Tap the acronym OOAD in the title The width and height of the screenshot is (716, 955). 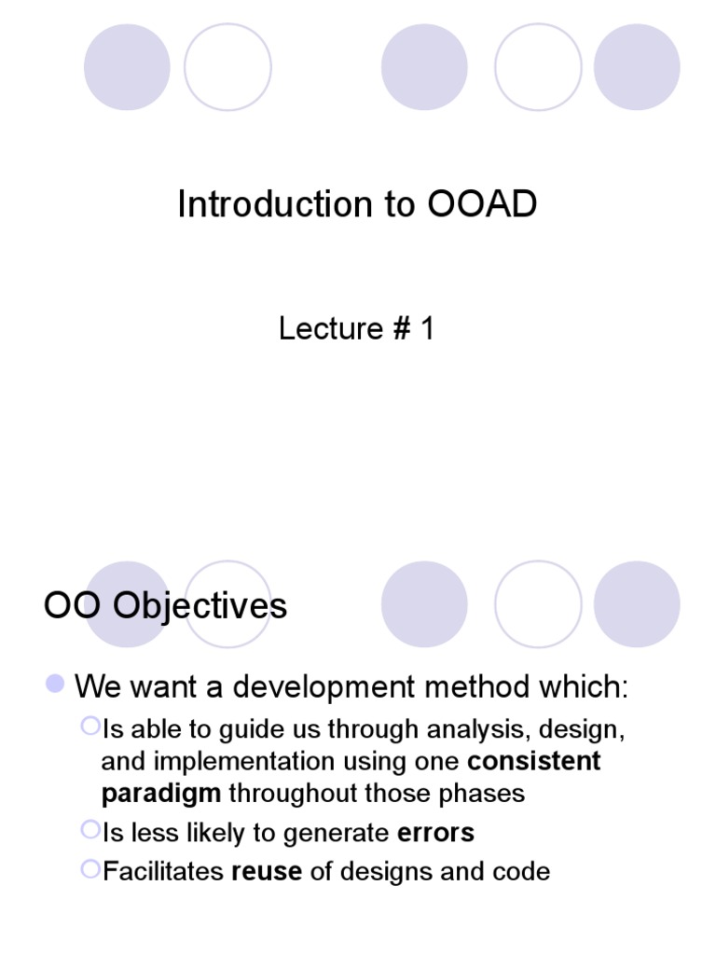tap(483, 204)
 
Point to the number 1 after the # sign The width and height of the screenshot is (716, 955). tap(426, 328)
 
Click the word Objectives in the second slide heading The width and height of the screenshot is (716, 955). tap(200, 606)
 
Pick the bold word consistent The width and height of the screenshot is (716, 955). tap(534, 761)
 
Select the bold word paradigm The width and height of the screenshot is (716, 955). tap(161, 793)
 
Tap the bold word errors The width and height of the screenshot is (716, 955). tap(435, 832)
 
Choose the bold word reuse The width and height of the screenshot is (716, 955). tap(267, 871)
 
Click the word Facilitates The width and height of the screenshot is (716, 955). tap(163, 871)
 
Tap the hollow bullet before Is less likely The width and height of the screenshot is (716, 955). tap(89, 828)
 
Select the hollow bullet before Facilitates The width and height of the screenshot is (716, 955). tap(89, 867)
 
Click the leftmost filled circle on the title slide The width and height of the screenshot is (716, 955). tap(127, 67)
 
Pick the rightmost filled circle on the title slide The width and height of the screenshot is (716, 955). tap(637, 67)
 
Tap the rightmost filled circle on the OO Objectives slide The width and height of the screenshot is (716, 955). tap(637, 604)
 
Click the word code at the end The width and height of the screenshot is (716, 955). tap(522, 871)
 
